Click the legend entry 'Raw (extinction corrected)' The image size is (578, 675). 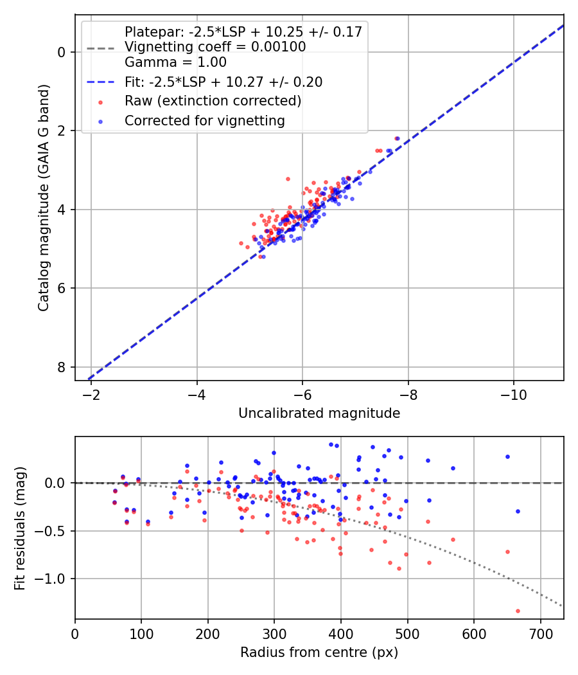coord(213,101)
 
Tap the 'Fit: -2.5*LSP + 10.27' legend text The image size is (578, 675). coord(223,82)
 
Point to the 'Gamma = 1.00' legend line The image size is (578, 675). coord(175,62)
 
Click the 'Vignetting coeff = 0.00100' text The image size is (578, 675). coord(215,47)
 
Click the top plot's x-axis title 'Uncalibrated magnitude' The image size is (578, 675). coord(319,413)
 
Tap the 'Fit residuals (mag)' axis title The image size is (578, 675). coord(21,528)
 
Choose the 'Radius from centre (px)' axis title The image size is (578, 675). coord(319,652)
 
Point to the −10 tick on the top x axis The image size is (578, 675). coord(513,393)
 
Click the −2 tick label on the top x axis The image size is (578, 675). coord(91,393)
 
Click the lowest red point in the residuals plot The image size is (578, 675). coord(518,611)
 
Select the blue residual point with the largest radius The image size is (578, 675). coord(518,511)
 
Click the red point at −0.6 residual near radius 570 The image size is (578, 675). coord(453,539)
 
